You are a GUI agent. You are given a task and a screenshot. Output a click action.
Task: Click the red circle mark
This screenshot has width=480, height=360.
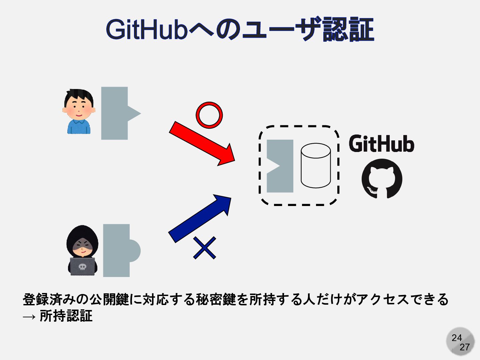click(209, 115)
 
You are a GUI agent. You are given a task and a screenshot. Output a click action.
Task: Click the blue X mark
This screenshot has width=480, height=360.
click(204, 248)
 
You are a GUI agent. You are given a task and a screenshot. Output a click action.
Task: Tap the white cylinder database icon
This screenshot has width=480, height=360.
click(316, 165)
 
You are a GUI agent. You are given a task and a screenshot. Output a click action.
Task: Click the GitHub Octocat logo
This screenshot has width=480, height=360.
click(382, 179)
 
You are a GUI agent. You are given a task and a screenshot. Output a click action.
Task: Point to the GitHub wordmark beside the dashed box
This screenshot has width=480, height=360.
click(381, 144)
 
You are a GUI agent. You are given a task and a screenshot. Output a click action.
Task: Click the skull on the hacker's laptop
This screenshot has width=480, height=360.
click(82, 267)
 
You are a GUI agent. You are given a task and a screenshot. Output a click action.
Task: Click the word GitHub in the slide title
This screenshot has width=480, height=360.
click(147, 29)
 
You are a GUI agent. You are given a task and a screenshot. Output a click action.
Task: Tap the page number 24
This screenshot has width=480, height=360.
click(457, 338)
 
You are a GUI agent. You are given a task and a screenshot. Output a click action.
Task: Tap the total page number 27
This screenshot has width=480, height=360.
click(465, 347)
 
